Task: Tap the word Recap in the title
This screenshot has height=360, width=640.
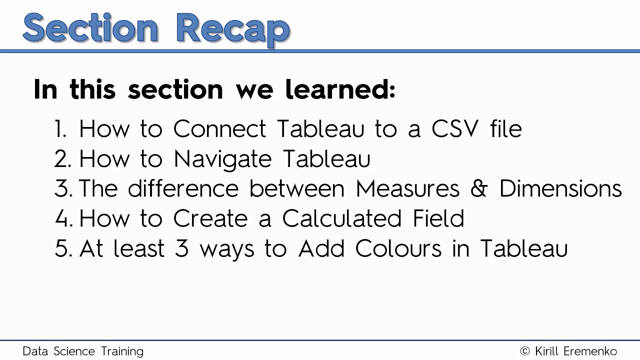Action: point(232,28)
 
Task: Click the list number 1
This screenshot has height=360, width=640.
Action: point(60,129)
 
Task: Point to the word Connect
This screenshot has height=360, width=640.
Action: point(219,129)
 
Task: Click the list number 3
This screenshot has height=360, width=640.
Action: point(62,189)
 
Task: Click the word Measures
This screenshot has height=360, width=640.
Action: point(407,189)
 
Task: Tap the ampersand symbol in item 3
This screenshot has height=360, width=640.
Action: point(479,189)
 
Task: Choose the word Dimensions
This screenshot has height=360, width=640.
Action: point(560,189)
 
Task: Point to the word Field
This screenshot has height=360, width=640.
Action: point(438,218)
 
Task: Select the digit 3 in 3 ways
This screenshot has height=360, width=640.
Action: point(181,248)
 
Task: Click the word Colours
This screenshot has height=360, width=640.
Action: point(398,248)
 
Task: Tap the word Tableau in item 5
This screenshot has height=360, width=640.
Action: point(523,248)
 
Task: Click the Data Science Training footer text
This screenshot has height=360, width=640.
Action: point(83,351)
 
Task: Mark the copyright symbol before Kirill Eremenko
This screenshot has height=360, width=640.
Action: point(525,351)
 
